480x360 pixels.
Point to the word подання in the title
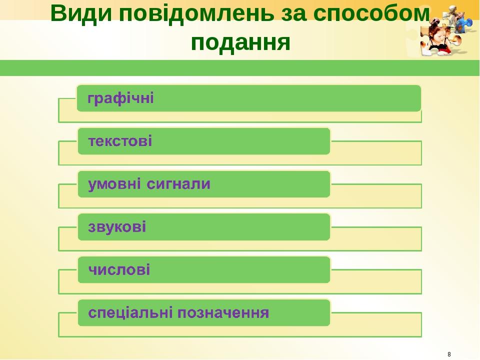pos(240,42)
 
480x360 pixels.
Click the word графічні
pos(121,98)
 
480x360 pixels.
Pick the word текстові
pos(120,141)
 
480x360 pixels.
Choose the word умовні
pos(114,184)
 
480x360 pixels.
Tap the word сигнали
pos(179,184)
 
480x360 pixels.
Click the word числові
pos(119,270)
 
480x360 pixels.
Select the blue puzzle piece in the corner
pos(467,22)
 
